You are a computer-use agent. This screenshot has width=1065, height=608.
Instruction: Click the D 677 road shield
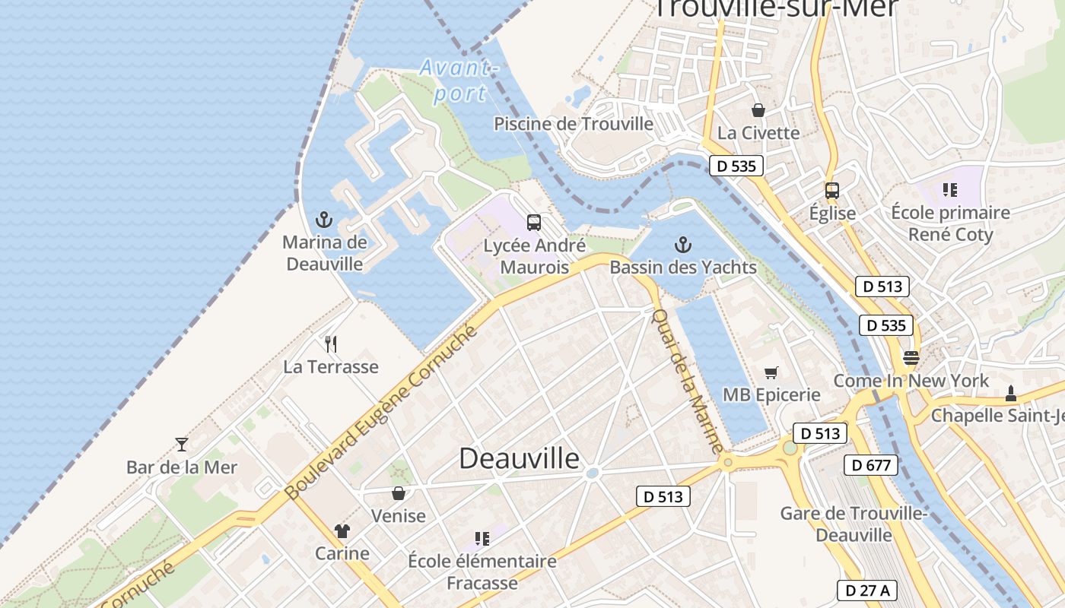coord(871,465)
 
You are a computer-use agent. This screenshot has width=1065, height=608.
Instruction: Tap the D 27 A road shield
coord(867,591)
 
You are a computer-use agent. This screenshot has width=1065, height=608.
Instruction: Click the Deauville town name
coord(520,458)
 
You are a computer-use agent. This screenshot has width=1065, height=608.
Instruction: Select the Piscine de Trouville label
coord(574,124)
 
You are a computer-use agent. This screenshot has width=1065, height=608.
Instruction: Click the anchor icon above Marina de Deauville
coord(325,220)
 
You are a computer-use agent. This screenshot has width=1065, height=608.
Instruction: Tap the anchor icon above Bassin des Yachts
coord(683,245)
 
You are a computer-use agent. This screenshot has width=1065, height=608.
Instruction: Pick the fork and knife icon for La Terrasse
coord(331,344)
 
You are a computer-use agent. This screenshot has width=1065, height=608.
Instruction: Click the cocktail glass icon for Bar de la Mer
coord(182,445)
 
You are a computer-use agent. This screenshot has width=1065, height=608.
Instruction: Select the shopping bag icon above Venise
coord(399,494)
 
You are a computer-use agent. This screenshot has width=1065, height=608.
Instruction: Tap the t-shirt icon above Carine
coord(342,531)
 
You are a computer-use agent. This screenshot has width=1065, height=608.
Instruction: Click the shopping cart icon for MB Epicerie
coord(771,372)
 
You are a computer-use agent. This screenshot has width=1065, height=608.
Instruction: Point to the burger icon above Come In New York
coord(911,357)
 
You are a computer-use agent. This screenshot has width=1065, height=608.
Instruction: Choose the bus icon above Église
coord(832,191)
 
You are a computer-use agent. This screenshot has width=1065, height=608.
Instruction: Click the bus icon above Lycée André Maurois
coord(534,223)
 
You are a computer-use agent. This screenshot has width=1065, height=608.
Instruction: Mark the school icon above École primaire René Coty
coord(949,189)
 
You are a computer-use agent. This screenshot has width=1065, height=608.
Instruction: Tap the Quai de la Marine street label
coord(688,382)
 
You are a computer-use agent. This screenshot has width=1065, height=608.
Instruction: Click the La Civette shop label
coord(758,133)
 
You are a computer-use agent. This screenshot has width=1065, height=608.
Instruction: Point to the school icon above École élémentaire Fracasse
coord(482,539)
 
